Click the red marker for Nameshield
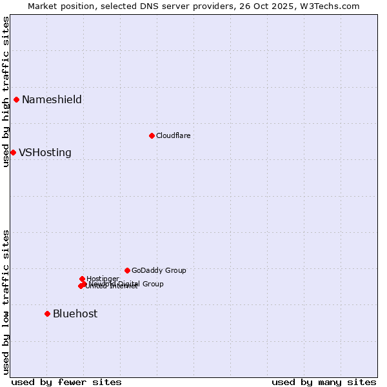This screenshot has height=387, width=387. pyautogui.click(x=16, y=99)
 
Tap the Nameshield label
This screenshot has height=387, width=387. pyautogui.click(x=52, y=99)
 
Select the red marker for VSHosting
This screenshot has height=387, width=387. pyautogui.click(x=13, y=152)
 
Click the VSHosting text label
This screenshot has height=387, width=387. pyautogui.click(x=45, y=153)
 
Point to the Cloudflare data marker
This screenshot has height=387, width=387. pyautogui.click(x=152, y=135)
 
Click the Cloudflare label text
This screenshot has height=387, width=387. pyautogui.click(x=173, y=135)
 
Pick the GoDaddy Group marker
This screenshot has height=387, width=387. pyautogui.click(x=127, y=270)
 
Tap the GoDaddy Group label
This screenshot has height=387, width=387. pyautogui.click(x=159, y=270)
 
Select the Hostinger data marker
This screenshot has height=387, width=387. pyautogui.click(x=82, y=279)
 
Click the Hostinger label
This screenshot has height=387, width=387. pyautogui.click(x=103, y=279)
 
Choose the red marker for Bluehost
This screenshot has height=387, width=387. pyautogui.click(x=47, y=313)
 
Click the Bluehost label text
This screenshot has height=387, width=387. pyautogui.click(x=75, y=313)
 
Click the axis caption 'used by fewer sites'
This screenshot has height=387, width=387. pyautogui.click(x=66, y=382)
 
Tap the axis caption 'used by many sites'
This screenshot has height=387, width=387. pyautogui.click(x=324, y=382)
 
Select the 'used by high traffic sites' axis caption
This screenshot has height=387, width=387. pyautogui.click(x=6, y=92)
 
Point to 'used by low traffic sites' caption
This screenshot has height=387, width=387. pyautogui.click(x=6, y=301)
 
